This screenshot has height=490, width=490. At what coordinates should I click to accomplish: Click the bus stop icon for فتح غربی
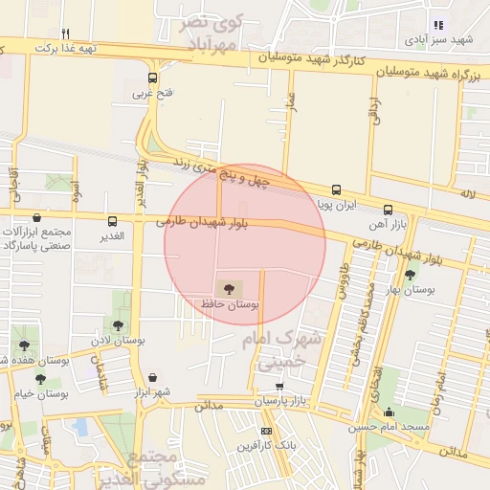tap(152, 78)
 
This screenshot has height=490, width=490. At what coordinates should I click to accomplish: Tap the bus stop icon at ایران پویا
tap(336, 189)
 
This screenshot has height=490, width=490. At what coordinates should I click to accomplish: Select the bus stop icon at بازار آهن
tap(388, 210)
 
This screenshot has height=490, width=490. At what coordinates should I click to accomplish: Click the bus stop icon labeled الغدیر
tap(113, 221)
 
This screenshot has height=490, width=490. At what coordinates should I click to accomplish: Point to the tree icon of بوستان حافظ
tap(228, 287)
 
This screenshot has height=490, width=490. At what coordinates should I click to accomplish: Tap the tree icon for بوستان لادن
tap(118, 325)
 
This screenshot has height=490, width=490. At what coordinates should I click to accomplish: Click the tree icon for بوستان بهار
tap(410, 274)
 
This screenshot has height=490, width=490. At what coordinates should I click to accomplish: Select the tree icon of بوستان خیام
tap(40, 379)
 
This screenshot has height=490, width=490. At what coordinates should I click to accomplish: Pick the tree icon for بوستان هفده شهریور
tap(24, 345)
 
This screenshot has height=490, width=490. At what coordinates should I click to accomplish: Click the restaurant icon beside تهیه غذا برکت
tap(65, 33)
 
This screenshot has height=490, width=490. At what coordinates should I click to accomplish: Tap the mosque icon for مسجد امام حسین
tap(389, 412)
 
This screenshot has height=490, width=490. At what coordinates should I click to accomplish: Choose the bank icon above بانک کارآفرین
tap(266, 432)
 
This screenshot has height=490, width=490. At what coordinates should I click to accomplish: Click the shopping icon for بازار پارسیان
tap(279, 387)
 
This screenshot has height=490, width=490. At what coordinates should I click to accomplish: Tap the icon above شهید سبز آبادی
tap(438, 26)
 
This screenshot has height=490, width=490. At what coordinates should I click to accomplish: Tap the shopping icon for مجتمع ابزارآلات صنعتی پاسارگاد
tap(36, 218)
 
